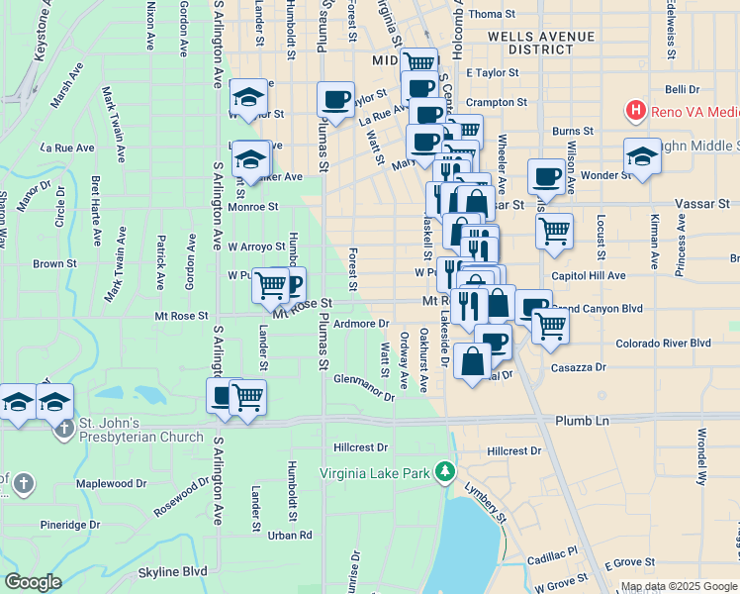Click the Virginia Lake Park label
[375, 472]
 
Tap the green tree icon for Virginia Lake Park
[446, 470]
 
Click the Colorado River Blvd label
[663, 343]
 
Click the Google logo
[34, 582]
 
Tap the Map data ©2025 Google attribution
[679, 586]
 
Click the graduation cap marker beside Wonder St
[642, 157]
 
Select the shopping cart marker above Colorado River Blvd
[550, 325]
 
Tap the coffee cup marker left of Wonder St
[546, 177]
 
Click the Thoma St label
[492, 14]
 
